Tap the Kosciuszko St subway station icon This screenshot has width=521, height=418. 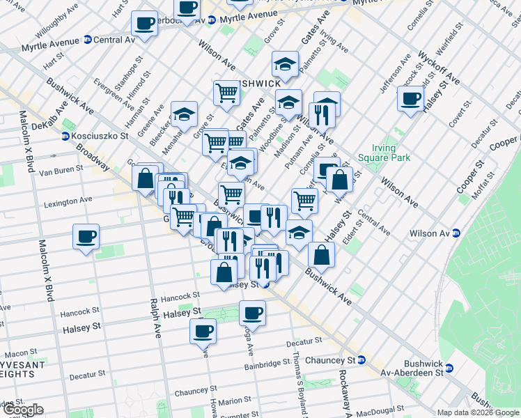click(65, 137)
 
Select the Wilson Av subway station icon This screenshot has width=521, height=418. click(456, 233)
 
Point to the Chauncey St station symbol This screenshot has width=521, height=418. click(361, 360)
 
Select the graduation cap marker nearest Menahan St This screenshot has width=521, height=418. click(184, 113)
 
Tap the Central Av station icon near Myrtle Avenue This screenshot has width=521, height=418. click(87, 40)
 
